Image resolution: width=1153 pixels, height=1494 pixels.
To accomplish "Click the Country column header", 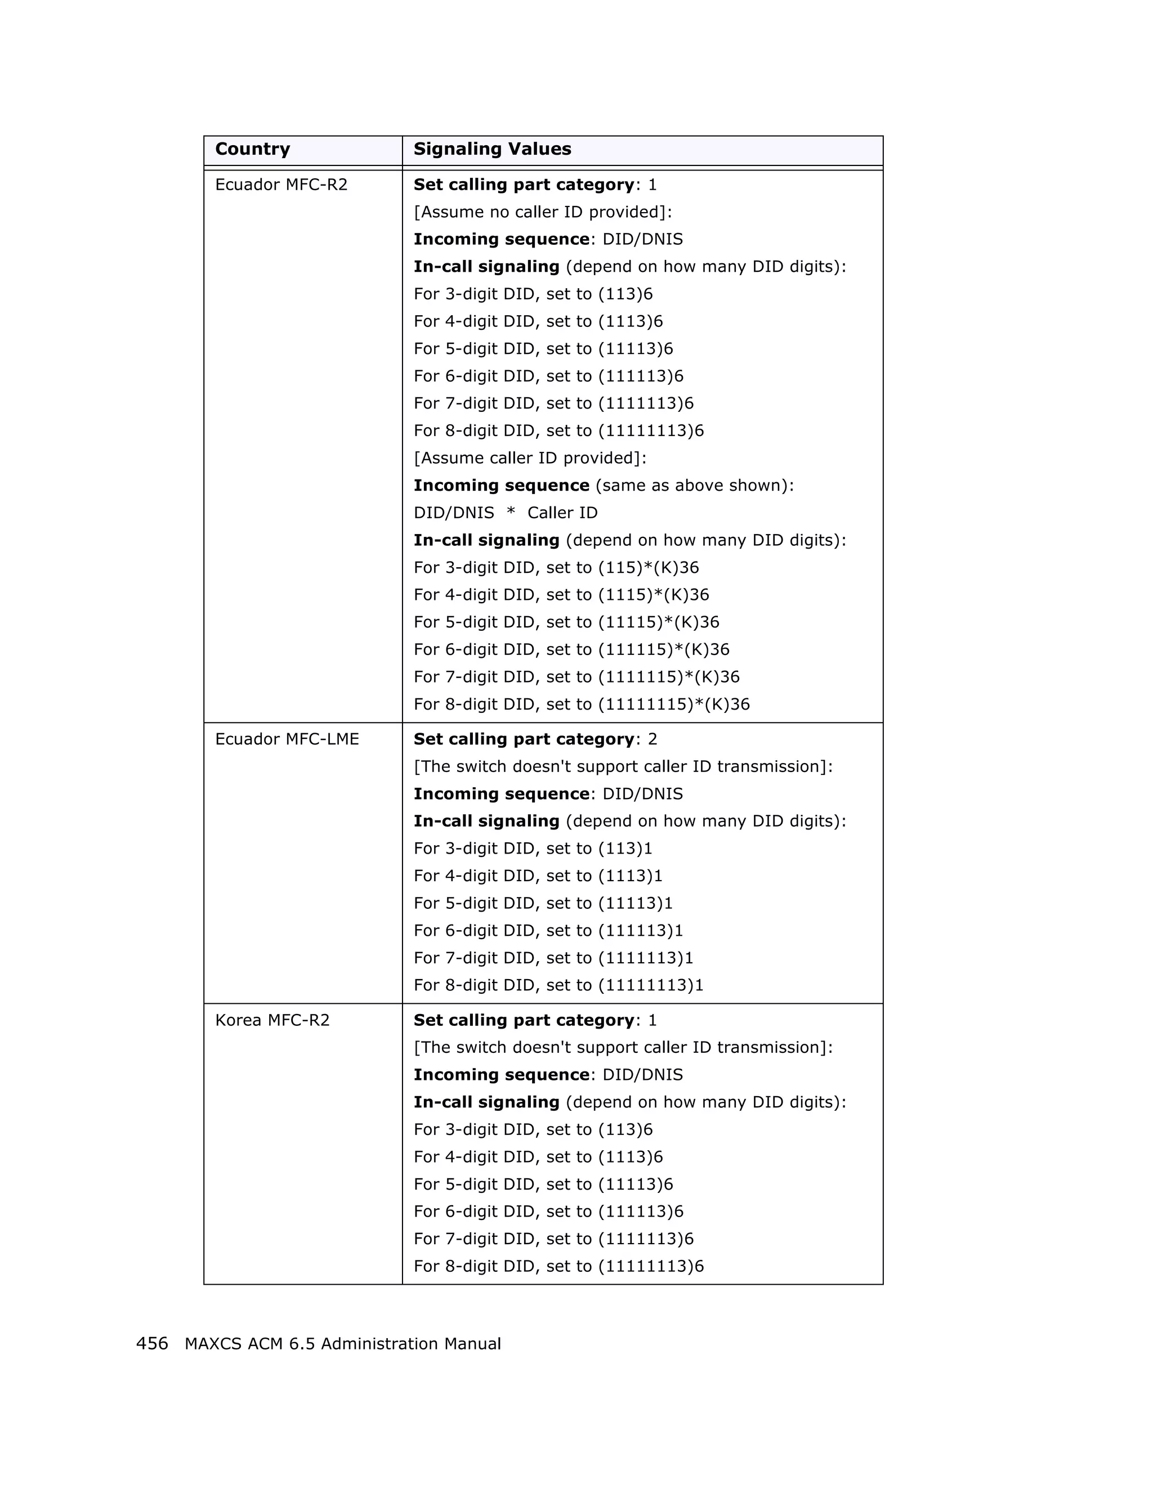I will point(252,149).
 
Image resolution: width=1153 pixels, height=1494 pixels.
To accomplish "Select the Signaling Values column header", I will point(492,149).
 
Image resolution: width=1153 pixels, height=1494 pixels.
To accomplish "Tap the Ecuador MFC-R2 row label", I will point(281,185).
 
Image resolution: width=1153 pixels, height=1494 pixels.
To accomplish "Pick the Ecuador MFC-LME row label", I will point(287,739).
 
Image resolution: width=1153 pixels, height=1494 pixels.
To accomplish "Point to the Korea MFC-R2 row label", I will point(272,1021).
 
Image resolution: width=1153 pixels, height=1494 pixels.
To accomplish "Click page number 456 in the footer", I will point(152,1344).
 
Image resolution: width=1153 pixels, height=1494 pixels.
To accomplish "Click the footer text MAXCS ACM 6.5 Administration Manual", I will point(343,1344).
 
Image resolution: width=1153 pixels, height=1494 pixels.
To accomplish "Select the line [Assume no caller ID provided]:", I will point(543,212).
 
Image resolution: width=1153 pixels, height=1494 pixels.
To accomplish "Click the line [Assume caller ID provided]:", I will point(530,458).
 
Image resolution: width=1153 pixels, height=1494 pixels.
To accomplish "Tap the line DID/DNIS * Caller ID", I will point(505,513).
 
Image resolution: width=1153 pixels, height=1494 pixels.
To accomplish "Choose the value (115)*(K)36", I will point(649,568).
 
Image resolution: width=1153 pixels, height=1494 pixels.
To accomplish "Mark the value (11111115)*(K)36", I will point(674,705).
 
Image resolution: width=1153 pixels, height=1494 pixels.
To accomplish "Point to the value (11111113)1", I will point(651,986).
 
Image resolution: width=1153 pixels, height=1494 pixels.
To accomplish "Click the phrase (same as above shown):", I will point(695,486).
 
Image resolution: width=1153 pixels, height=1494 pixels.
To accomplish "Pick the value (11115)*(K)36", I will point(659,622).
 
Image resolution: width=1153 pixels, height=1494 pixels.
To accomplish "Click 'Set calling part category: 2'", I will point(535,739).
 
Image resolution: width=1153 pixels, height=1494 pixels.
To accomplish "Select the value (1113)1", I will point(630,876).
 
